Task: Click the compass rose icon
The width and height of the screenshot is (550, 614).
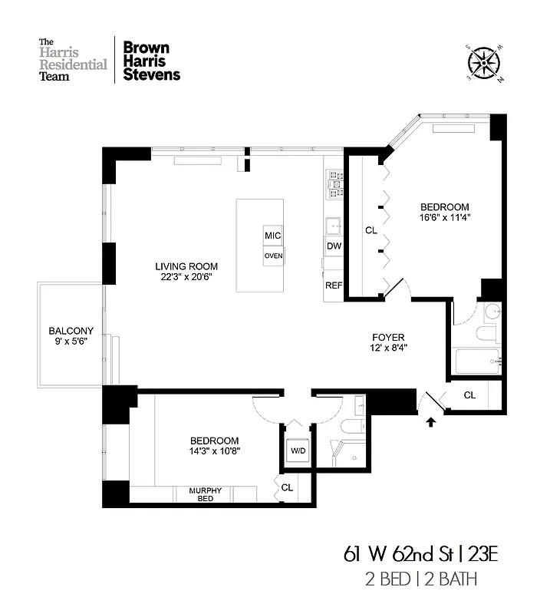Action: [x=483, y=62]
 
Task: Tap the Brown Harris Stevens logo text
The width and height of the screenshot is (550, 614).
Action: [x=152, y=60]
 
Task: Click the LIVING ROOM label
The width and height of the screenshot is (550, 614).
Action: [x=183, y=271]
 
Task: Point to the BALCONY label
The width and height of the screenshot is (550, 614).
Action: [x=70, y=336]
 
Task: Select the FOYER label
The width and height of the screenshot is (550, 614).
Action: [x=388, y=342]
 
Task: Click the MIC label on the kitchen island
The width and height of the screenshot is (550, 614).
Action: [x=273, y=235]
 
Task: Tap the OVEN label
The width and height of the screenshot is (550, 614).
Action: [x=273, y=256]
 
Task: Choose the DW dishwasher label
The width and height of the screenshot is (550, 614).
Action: [x=334, y=246]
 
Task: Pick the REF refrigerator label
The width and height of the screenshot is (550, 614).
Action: [x=334, y=285]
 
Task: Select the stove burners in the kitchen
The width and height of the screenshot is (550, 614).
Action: [x=335, y=181]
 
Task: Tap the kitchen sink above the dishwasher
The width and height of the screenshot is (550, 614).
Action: [x=334, y=226]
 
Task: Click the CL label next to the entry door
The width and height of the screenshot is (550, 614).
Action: [x=469, y=395]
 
